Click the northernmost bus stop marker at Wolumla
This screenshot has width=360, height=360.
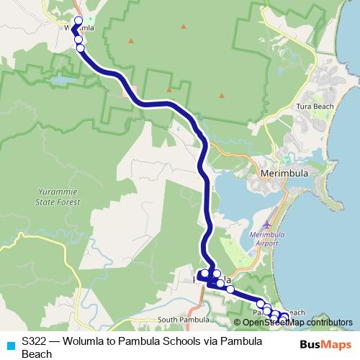pos(78,21)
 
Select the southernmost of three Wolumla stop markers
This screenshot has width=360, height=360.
pos(80,48)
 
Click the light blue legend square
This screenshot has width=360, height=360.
pos(9,344)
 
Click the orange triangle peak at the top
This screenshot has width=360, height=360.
pos(184,27)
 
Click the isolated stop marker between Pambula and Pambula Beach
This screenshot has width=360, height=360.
pos(230,289)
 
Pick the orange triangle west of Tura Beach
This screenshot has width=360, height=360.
pos(169,90)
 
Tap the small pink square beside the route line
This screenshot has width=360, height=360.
pos(125,92)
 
